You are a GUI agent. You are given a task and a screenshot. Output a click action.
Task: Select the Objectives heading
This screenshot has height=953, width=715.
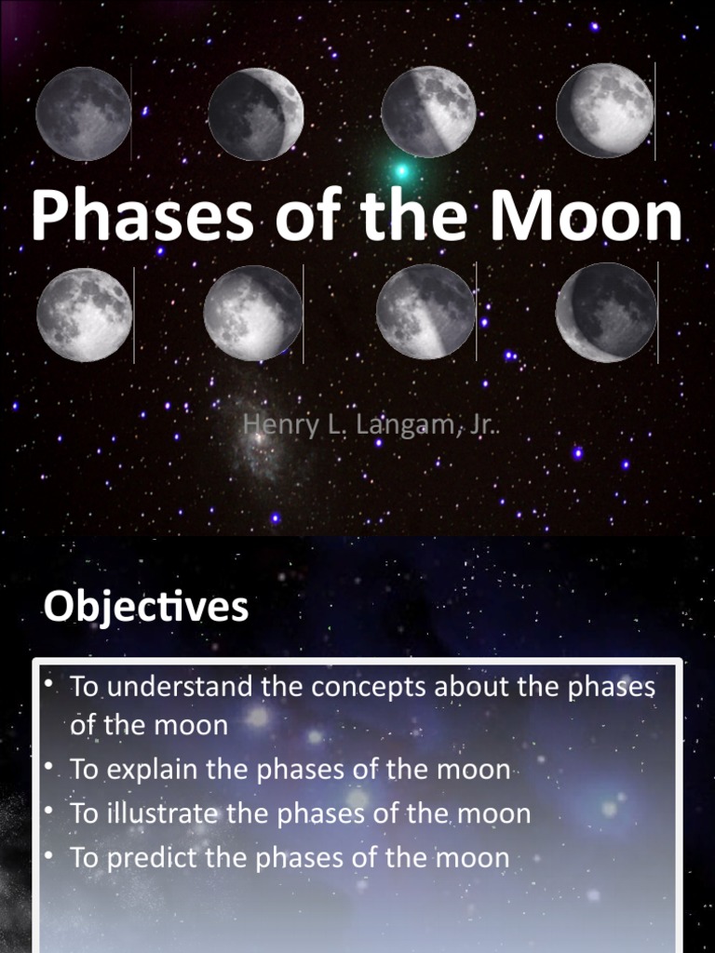(x=146, y=608)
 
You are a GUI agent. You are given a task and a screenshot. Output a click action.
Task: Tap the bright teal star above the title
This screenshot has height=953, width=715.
(x=401, y=171)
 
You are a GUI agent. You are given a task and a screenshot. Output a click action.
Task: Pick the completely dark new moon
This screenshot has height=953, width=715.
(x=83, y=114)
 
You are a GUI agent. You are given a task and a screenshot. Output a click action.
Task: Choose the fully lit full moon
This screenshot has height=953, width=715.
(x=84, y=314)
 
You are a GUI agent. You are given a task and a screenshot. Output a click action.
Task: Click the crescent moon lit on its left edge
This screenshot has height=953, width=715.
(x=606, y=312)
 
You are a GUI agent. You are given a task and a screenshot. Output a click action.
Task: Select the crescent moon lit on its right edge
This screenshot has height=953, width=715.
(x=256, y=114)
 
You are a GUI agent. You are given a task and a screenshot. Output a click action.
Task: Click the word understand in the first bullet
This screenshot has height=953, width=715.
(x=178, y=687)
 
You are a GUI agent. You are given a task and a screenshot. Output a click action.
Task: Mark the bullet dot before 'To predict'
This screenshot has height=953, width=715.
(x=47, y=856)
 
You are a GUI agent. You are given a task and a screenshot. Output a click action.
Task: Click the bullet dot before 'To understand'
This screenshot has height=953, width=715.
(x=47, y=685)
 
